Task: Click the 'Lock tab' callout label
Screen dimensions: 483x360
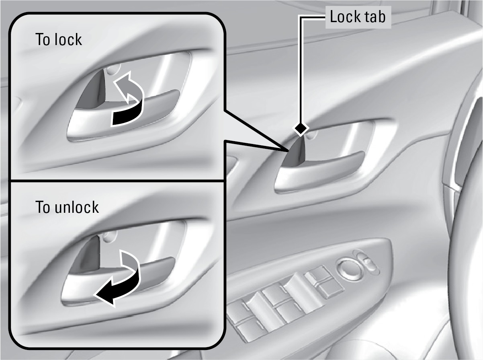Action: click(x=358, y=17)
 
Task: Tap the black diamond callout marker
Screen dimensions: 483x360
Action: click(x=301, y=129)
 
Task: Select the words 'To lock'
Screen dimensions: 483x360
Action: click(x=59, y=39)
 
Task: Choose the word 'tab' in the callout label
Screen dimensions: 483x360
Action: click(x=374, y=17)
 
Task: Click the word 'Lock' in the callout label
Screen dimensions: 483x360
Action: click(x=344, y=17)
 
